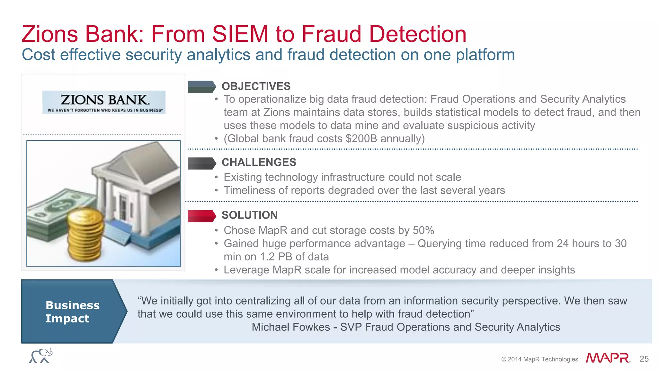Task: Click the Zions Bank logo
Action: pos(104,102)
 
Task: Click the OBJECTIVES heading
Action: pos(256,86)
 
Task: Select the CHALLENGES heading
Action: pos(259,163)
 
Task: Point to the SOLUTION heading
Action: pos(250,215)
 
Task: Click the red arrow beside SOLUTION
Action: pos(201,216)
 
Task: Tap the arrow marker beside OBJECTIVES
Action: pos(201,87)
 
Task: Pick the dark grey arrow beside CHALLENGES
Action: pos(201,163)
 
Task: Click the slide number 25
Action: pos(644,359)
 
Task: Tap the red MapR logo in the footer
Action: pos(608,358)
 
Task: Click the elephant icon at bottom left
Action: pos(41,356)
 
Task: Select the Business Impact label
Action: pos(72,312)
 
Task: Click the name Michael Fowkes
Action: pos(291,327)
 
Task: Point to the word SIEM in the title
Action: pos(240,34)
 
